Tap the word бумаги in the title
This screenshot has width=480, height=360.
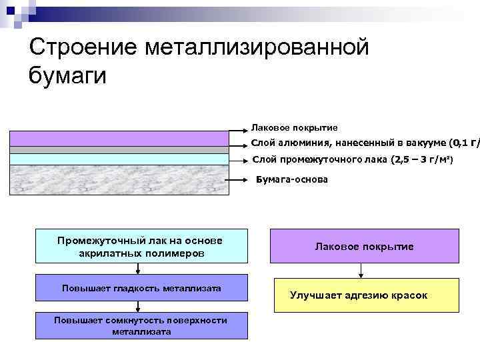click(x=67, y=75)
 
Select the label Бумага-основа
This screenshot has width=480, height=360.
click(x=292, y=180)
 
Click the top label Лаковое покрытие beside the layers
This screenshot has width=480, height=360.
click(x=294, y=127)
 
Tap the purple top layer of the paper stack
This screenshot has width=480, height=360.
click(x=119, y=138)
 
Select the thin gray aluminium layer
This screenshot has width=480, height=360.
click(x=119, y=150)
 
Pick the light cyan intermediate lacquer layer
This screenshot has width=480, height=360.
click(x=119, y=159)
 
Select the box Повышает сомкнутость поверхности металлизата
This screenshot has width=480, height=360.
click(x=141, y=325)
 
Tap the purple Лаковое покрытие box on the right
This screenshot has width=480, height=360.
click(x=364, y=246)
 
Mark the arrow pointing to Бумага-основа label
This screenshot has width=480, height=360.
click(x=241, y=180)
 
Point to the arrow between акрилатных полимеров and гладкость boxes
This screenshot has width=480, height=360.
click(x=138, y=268)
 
